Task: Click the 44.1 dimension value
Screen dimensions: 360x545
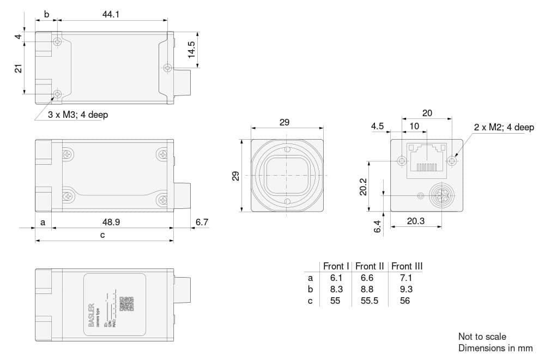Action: [111, 15]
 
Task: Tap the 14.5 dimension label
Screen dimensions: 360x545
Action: [191, 50]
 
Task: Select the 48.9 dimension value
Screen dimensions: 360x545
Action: [111, 222]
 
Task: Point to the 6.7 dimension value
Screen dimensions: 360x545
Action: [201, 222]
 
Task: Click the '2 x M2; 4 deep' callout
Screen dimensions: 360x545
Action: [504, 127]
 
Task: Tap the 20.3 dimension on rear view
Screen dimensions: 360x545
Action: [416, 221]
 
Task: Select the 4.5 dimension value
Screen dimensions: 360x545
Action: [377, 126]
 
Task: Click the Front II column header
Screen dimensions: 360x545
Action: [370, 266]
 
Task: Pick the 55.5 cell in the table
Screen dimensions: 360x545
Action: [370, 301]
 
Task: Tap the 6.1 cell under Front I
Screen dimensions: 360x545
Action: [335, 278]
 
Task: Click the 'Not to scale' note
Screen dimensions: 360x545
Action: [482, 337]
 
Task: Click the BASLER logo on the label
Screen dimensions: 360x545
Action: [91, 315]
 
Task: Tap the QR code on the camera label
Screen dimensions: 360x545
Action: [126, 303]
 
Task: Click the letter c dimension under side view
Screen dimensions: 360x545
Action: [102, 235]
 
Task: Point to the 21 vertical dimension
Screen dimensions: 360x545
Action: [18, 68]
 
